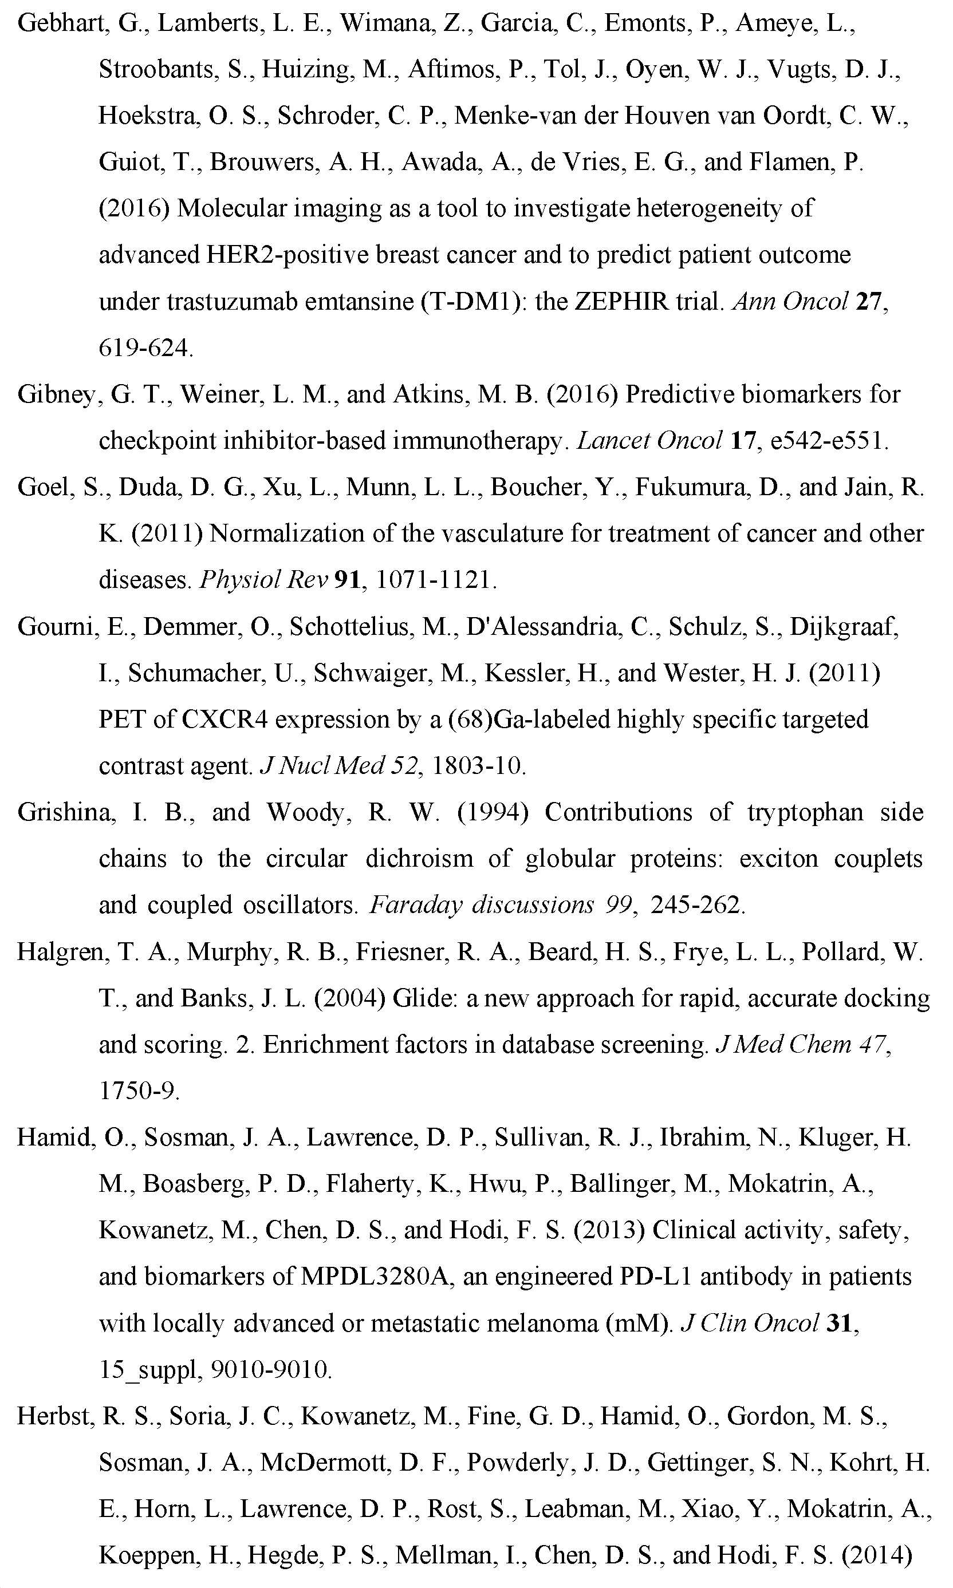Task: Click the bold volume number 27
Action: (x=869, y=301)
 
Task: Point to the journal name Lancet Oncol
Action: (x=650, y=440)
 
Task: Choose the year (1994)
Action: (x=493, y=812)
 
